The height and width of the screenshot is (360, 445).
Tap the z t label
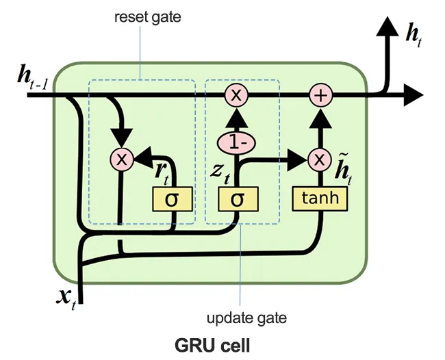pos(219,172)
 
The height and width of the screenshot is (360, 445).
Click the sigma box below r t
pos(170,199)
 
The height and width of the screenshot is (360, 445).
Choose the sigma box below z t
pos(236,199)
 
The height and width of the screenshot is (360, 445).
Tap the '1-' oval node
pos(236,143)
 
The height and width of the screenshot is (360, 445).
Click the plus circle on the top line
pos(320,97)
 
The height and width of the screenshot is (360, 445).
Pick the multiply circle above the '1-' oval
pos(236,97)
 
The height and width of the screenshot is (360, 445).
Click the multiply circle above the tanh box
pos(320,160)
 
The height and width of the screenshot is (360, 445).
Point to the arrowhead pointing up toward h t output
pos(387,28)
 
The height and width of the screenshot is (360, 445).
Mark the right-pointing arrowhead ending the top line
pos(414,96)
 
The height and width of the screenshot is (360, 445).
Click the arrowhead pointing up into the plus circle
pos(320,116)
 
